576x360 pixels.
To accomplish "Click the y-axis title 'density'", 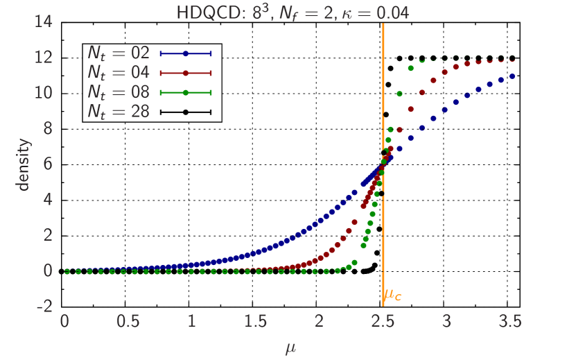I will (x=24, y=164).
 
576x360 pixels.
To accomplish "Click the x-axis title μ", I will (x=290, y=347).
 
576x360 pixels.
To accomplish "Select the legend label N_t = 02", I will (x=119, y=53).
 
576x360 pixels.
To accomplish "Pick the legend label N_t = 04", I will (x=119, y=72).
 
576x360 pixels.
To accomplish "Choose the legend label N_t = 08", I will (x=119, y=92).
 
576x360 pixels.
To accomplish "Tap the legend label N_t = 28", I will (x=119, y=111).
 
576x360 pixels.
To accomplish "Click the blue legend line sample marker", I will (x=185, y=53).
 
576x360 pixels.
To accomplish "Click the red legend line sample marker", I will (x=185, y=72).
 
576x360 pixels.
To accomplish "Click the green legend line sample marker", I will (x=185, y=92).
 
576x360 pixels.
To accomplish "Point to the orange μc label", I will (x=393, y=295).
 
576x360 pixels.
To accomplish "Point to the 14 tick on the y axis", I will (x=44, y=21).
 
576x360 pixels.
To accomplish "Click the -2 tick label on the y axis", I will (x=44, y=306).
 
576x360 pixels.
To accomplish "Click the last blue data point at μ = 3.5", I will (x=512, y=76).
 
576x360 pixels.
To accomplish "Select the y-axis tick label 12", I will (x=44, y=57).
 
